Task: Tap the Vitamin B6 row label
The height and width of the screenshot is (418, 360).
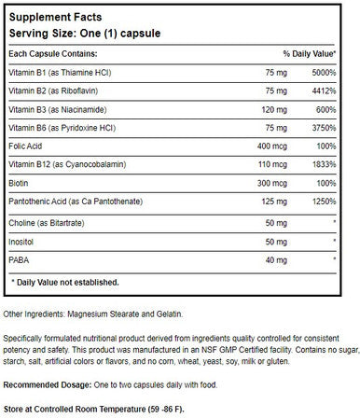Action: coord(66,141)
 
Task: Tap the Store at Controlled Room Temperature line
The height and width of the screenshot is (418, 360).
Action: coord(103,409)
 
